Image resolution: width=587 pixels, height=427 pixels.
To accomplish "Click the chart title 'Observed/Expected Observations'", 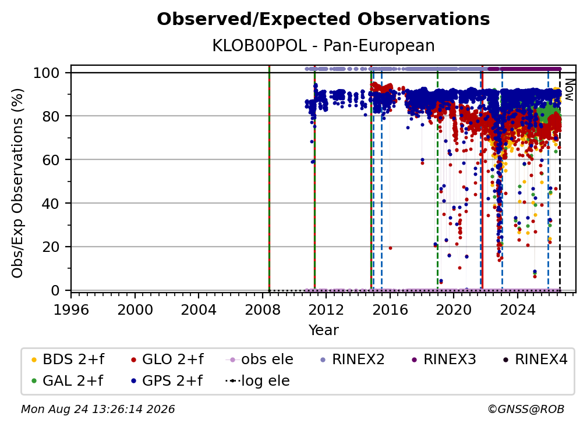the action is coord(323,19).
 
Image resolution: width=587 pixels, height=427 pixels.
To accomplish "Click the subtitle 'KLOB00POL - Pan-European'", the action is coord(323,46).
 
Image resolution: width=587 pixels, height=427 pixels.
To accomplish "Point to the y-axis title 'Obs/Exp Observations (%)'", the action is coord(17,183).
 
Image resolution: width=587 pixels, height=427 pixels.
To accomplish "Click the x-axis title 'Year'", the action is coord(323,330).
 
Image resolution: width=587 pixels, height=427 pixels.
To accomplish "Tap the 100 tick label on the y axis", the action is coord(47,73).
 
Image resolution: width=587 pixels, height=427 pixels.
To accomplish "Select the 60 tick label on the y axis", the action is coord(51,160).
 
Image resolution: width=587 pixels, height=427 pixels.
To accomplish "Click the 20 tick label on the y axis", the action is coord(51,247).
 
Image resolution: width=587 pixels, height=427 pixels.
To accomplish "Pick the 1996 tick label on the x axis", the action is coord(71,310).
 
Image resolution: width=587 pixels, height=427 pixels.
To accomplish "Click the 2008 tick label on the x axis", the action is coord(263,310).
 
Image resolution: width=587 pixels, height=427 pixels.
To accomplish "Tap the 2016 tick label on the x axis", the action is coord(390,310).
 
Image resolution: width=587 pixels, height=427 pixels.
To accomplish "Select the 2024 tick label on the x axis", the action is coord(517,310).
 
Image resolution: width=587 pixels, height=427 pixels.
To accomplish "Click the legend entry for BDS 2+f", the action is coord(68,360).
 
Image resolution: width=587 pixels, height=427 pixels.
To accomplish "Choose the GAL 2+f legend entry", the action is coord(67,381).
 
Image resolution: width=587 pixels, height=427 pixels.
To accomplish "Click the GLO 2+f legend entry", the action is coord(167,360).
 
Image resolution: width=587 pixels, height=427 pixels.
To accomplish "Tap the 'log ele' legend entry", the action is coord(257,381).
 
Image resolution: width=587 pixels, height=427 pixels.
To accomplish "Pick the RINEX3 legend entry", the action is coord(444,360).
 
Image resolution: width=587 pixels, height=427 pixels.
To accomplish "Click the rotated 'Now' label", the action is coord(569,90).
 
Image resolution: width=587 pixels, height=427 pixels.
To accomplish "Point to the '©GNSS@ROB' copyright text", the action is coord(526,410).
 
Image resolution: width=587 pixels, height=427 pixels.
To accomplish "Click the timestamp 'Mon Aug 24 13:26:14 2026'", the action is coord(98,410).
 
